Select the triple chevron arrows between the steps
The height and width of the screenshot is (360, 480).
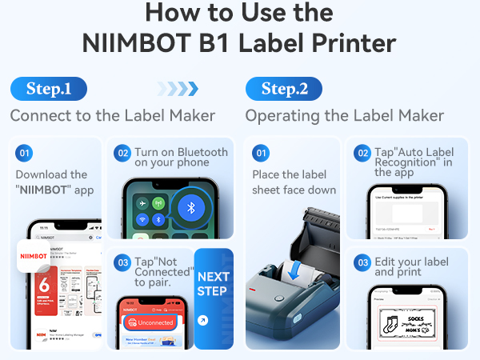tap(177, 88)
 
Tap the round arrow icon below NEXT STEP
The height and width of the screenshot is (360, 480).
tap(202, 320)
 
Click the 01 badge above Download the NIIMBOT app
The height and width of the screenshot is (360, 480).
tap(25, 152)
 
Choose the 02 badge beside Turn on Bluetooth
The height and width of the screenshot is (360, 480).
tap(122, 152)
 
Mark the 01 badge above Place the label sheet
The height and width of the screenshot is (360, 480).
tap(262, 152)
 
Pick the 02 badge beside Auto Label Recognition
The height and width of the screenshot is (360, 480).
tap(362, 152)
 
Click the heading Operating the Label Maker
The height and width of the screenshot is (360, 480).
tap(345, 116)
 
